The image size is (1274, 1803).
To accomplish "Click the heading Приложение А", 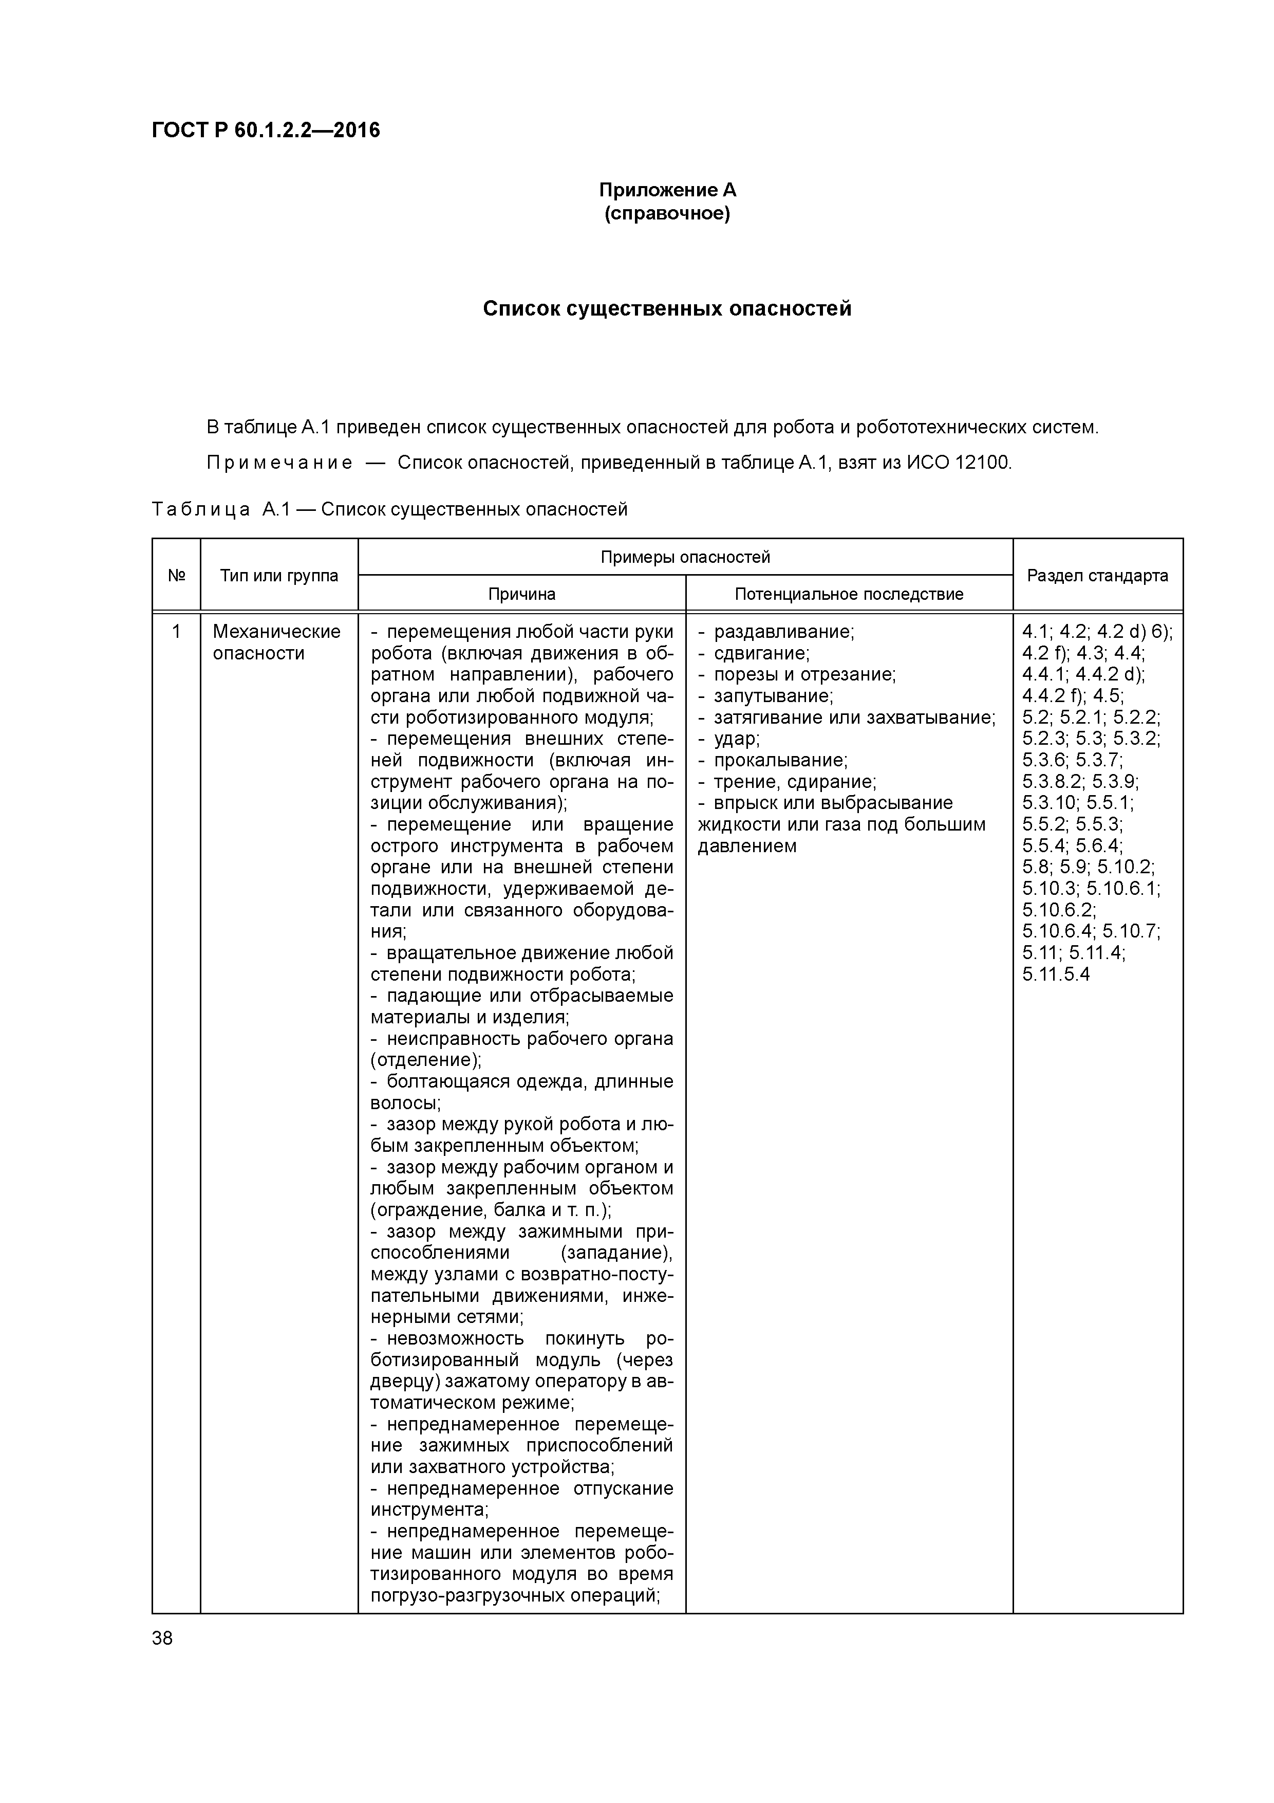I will point(667,190).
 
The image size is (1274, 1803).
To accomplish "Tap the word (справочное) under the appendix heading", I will point(667,214).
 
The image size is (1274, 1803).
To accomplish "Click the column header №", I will point(177,576).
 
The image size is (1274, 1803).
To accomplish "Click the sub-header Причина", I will point(522,595).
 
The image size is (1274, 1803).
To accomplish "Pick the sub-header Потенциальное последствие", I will point(849,595).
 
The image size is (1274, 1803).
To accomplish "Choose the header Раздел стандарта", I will point(1097,576).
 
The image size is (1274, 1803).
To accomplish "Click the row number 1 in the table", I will point(177,631).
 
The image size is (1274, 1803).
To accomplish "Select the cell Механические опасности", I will point(276,642).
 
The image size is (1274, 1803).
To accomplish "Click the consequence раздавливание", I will point(782,631).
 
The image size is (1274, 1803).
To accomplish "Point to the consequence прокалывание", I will point(779,760).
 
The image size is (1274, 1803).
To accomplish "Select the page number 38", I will point(162,1638).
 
